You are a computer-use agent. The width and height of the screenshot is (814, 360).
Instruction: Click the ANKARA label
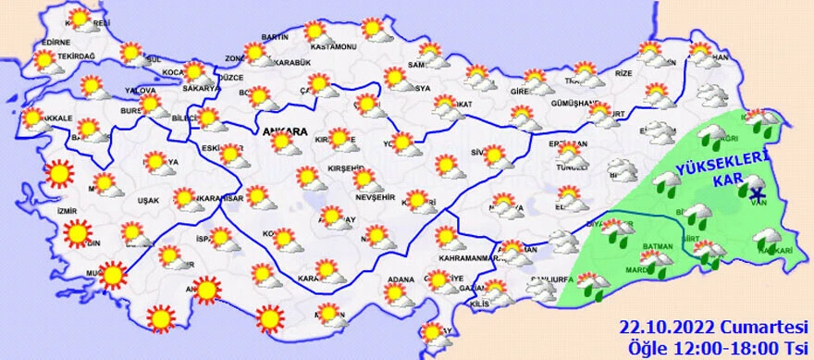tap(285, 131)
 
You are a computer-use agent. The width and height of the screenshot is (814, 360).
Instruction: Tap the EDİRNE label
tap(56, 42)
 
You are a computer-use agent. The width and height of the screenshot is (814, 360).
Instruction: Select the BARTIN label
tap(276, 36)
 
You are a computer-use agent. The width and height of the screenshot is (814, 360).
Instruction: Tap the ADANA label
tap(400, 279)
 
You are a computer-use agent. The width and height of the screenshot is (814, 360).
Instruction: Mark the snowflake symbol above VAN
tap(757, 192)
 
